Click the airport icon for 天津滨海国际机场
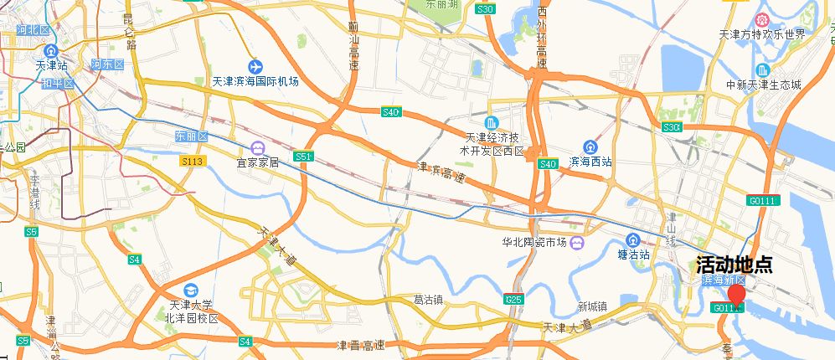255,66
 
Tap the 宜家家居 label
257,162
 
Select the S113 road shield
192,161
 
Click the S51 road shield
304,157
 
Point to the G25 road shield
514,299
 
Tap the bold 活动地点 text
734,265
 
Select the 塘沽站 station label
633,255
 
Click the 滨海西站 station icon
591,146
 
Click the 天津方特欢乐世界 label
762,35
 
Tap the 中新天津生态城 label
763,85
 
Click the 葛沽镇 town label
430,299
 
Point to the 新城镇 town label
591,306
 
